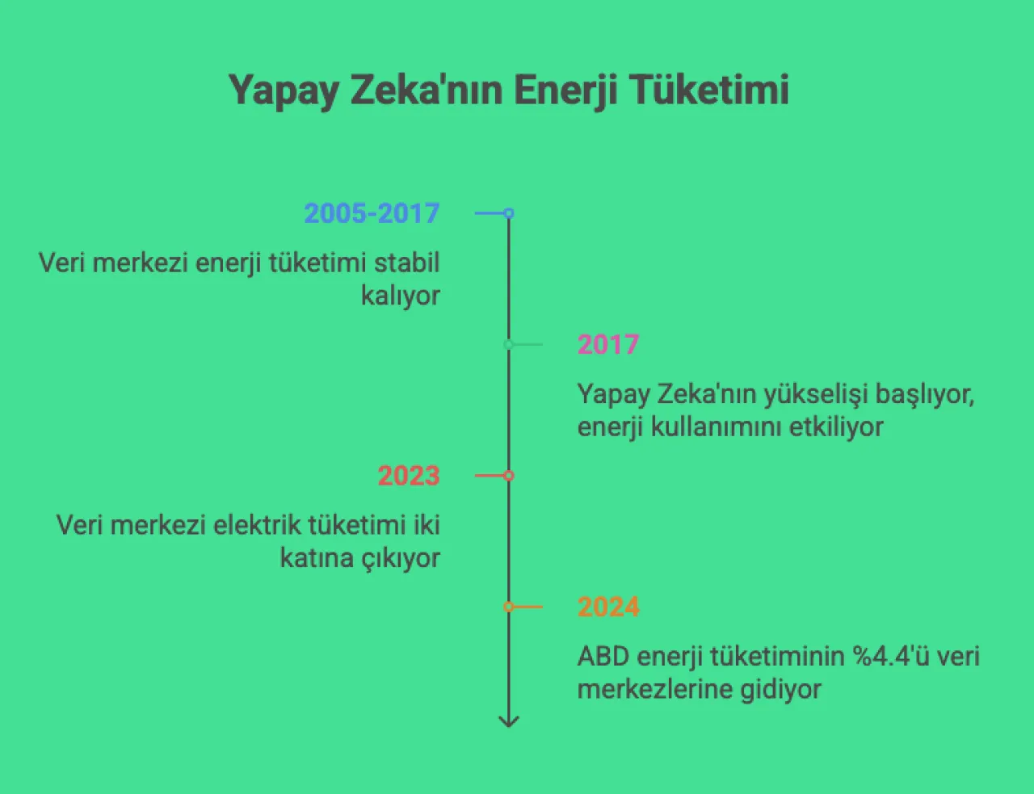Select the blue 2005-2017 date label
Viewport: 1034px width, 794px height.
(372, 213)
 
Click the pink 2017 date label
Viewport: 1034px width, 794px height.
(608, 345)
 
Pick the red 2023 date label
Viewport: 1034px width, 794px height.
(409, 476)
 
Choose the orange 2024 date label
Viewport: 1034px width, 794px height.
(608, 607)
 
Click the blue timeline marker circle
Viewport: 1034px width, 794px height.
(509, 213)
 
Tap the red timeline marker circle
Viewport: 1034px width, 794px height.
(509, 476)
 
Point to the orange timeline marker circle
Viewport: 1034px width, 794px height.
(509, 607)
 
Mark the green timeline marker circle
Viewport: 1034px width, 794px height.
(509, 345)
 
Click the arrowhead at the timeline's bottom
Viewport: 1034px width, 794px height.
(509, 721)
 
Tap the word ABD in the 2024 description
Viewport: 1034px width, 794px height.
(603, 656)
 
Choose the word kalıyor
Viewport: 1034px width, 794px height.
(401, 296)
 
